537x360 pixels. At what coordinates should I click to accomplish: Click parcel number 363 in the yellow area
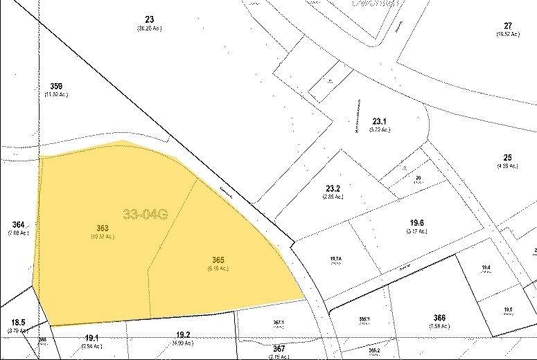103,228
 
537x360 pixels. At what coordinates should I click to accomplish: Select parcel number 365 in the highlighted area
218,260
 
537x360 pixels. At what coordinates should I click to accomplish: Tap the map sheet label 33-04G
146,215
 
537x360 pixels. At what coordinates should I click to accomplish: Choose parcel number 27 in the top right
508,26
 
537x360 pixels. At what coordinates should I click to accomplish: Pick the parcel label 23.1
381,122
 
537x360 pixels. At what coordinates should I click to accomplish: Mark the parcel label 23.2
333,188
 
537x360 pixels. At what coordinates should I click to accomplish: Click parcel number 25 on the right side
507,157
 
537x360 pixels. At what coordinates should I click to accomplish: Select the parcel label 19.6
416,222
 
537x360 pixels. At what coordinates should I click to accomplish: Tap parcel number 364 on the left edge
19,224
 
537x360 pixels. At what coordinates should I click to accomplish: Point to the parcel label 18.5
17,322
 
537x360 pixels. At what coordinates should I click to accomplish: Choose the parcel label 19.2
183,334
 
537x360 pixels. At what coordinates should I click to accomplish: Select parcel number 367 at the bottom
279,348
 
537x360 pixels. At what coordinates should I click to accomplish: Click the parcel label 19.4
486,267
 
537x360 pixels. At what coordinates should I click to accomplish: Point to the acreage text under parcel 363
103,237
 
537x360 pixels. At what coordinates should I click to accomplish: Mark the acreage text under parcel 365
218,269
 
